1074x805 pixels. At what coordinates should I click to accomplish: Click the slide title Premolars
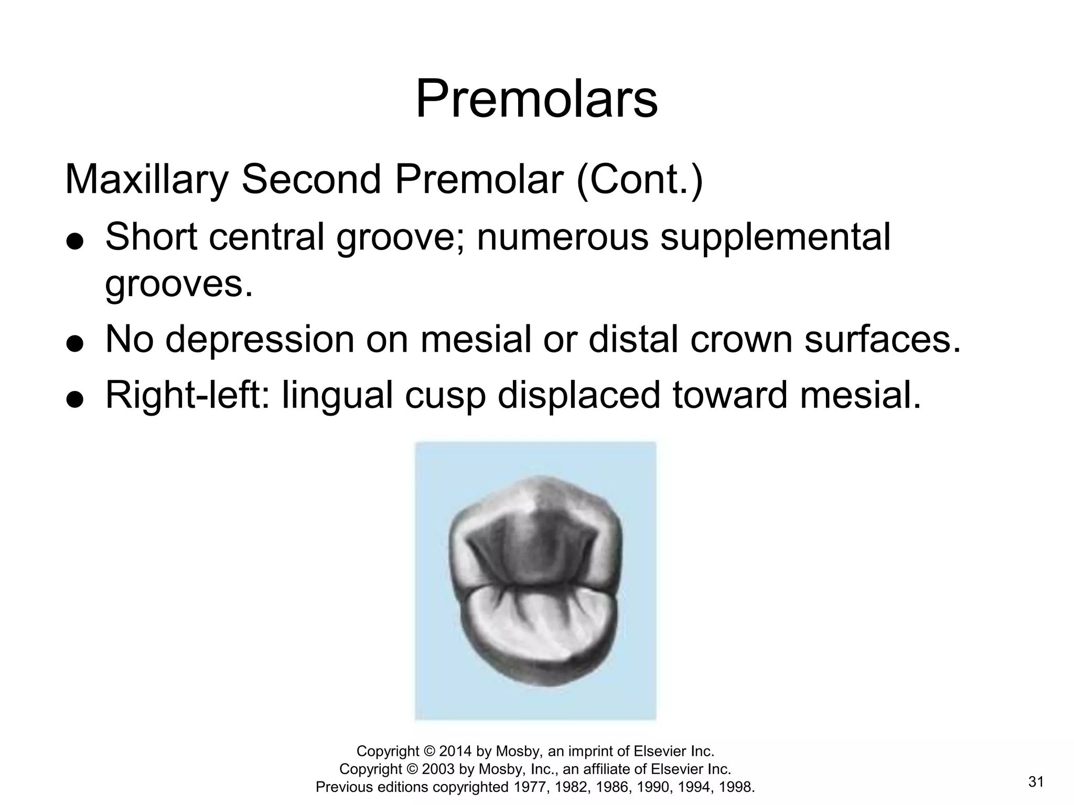coord(536,100)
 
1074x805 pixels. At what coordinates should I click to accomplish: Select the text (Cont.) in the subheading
coord(639,180)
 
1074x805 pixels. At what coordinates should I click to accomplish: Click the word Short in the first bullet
coord(151,237)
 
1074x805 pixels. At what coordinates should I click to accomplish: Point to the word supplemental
coord(775,237)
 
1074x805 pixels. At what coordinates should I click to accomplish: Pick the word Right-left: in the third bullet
coord(187,396)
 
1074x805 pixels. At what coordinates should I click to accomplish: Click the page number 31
coord(1036,782)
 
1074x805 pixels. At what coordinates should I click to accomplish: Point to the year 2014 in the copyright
coord(455,752)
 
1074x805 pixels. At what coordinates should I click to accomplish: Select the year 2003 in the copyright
coord(438,769)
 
